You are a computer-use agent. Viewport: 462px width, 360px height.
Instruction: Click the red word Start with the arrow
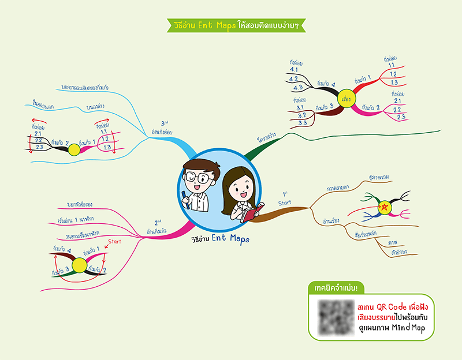pyautogui.click(x=114, y=241)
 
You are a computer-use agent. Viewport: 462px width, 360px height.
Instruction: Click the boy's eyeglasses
pyautogui.click(x=196, y=176)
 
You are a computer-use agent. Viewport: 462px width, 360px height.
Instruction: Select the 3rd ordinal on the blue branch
pyautogui.click(x=165, y=123)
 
